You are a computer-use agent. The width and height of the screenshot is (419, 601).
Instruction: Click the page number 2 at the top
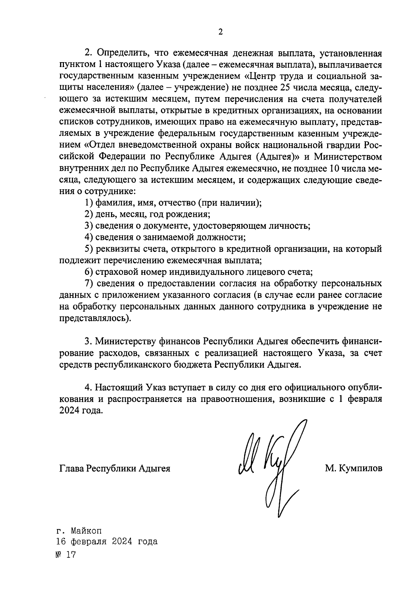point(220,32)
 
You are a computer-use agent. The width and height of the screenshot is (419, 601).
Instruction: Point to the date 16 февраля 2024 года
point(107,542)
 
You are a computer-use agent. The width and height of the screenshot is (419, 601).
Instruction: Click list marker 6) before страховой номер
point(89,272)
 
